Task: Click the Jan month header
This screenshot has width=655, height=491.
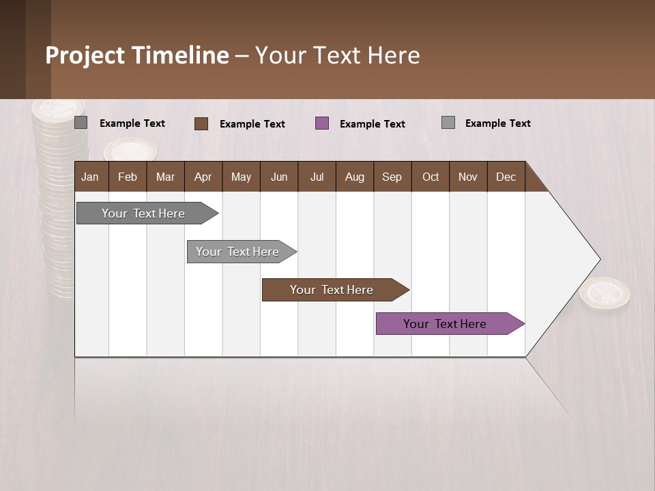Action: pos(91,177)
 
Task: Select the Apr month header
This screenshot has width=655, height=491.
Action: pos(203,177)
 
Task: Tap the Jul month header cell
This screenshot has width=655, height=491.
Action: pos(317,177)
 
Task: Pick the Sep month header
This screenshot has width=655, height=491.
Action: pos(392,177)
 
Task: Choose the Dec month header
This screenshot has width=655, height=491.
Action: pos(506,177)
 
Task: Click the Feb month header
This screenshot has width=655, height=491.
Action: pos(128,177)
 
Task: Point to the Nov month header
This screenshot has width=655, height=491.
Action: pos(468,177)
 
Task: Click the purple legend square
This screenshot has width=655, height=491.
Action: pos(322,123)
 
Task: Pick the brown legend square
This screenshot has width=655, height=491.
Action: pos(201,123)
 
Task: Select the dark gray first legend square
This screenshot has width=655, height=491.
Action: pos(81,123)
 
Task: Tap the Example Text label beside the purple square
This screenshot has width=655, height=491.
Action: pos(372,124)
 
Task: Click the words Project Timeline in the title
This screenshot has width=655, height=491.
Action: pos(137,55)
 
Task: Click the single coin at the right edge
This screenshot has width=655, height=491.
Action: pos(605,295)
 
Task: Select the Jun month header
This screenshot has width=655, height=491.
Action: pos(279,177)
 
